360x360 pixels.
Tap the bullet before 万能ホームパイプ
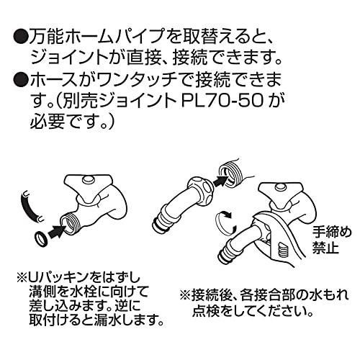click(20, 37)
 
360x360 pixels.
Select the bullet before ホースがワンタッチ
click(20, 81)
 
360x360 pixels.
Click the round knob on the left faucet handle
click(88, 179)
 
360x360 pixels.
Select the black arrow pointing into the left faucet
click(57, 231)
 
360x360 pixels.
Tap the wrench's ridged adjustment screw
click(283, 251)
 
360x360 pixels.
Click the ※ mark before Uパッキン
click(22, 279)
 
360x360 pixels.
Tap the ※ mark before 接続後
click(185, 295)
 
